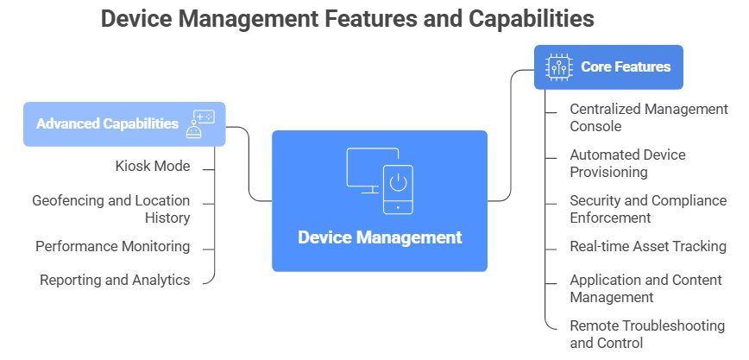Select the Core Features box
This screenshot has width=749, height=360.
point(608,66)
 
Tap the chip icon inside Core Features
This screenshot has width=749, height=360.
point(558,66)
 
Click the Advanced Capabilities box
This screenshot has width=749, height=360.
point(123,124)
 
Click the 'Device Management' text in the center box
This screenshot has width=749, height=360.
point(380,237)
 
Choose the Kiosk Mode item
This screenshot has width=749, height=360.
point(153,166)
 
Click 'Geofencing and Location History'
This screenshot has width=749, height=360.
point(111,209)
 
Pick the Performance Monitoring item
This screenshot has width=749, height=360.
point(113,247)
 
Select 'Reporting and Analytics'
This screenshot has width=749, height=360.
point(115,280)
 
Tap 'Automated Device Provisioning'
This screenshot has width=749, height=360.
point(627,163)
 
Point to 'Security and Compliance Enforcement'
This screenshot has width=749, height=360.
point(648,209)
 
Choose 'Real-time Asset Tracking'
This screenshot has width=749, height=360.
point(648,247)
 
